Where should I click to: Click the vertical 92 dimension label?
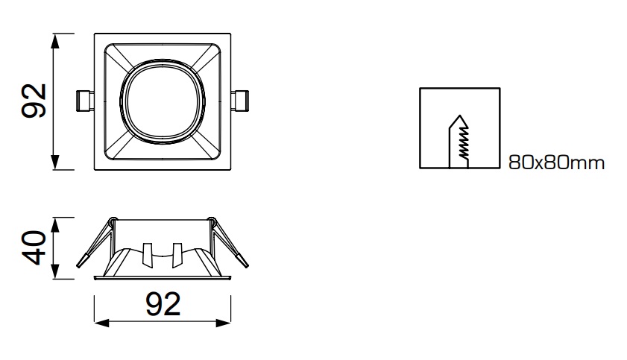tap(34, 101)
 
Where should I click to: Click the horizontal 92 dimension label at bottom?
tap(163, 304)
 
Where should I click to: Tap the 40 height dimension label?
tap(34, 247)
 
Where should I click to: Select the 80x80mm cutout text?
tap(556, 162)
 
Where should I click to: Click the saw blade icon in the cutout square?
tap(459, 142)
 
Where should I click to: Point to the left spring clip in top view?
tap(85, 101)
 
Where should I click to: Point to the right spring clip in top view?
tap(239, 101)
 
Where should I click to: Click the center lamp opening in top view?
tap(163, 101)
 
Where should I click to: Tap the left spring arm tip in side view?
tap(81, 262)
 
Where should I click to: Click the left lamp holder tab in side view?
tap(148, 255)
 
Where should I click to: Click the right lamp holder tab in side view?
tap(177, 255)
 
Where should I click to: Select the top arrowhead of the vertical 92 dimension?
tap(56, 40)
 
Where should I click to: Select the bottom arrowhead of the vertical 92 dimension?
tap(56, 162)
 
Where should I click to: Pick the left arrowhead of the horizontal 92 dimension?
tap(101, 323)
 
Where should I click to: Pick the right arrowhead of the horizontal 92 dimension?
tap(224, 323)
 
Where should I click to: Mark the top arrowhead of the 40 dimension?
tap(56, 224)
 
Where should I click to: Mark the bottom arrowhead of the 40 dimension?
tap(56, 272)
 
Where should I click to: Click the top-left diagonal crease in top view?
tap(119, 58)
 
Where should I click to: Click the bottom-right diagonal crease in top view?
tap(207, 145)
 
